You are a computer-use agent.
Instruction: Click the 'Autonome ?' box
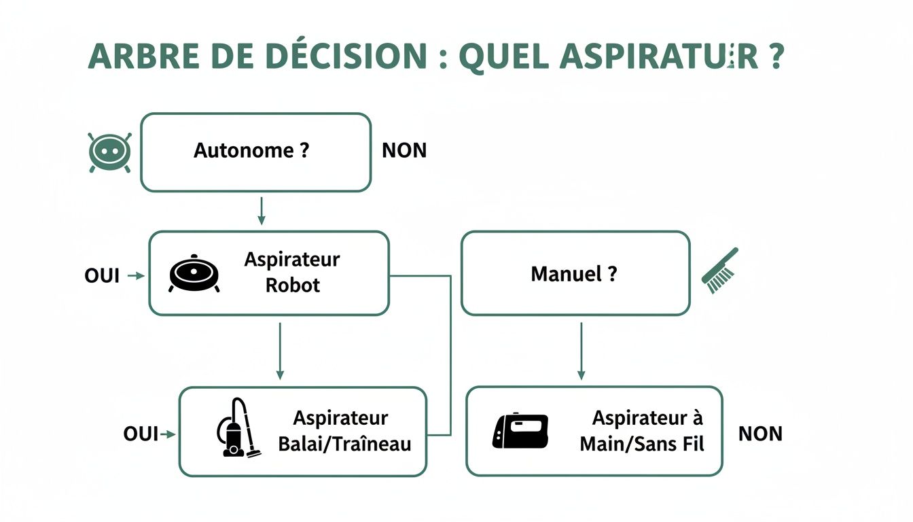255,152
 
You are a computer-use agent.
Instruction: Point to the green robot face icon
109,151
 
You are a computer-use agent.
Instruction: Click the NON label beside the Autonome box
404,151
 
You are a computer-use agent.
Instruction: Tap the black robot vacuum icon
194,273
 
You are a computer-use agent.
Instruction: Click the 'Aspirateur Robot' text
292,272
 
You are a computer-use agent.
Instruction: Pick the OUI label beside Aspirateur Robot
102,275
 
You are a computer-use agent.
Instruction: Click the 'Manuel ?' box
575,274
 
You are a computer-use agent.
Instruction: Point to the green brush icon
719,271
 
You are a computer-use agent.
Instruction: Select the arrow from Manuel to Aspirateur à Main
581,350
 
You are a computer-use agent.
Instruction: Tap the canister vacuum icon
236,428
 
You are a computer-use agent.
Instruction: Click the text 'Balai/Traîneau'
344,445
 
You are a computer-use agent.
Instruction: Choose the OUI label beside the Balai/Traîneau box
141,434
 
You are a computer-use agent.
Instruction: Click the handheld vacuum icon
520,431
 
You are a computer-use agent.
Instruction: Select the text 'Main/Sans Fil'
641,445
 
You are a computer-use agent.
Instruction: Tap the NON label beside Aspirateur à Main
760,434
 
